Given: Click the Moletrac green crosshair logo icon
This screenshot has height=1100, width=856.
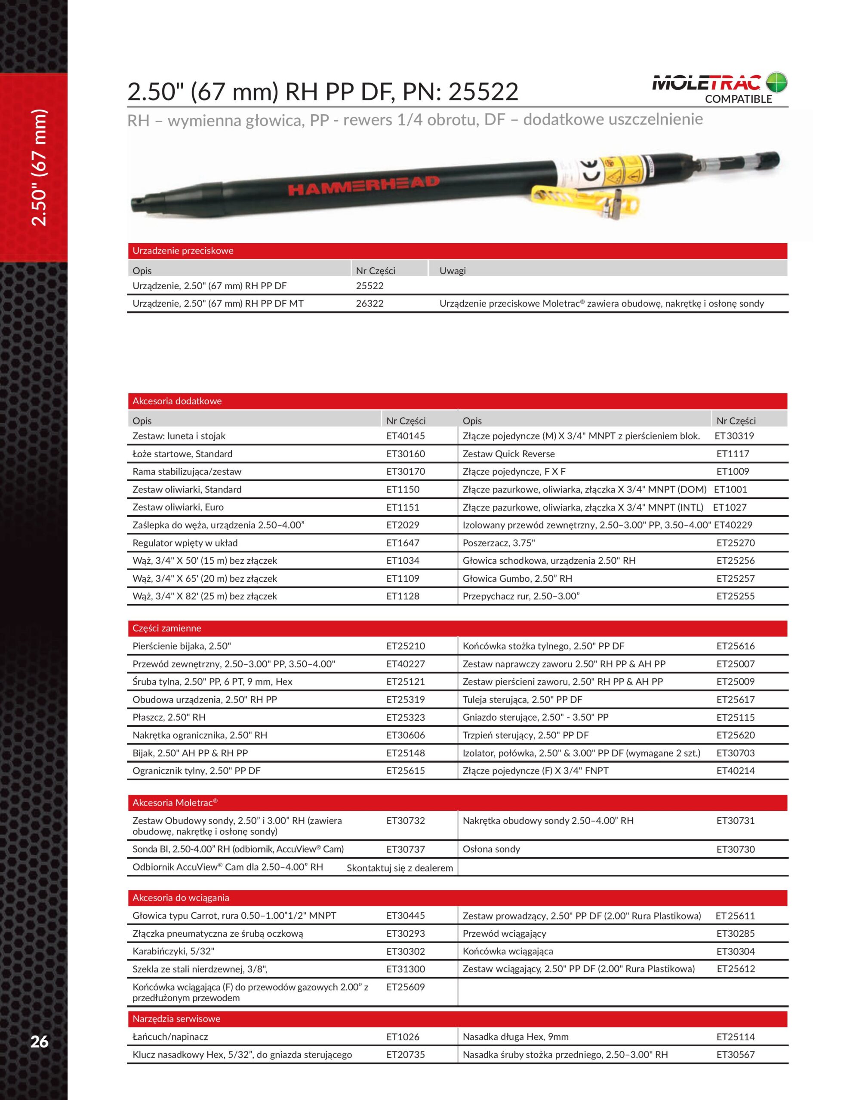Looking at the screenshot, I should (x=776, y=82).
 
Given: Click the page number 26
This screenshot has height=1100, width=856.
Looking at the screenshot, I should (x=39, y=1041).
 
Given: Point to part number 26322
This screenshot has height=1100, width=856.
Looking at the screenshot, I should (x=369, y=304).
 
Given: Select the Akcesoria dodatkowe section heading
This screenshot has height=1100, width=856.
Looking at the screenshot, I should (x=177, y=401).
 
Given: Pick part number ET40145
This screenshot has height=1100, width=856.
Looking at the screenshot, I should (x=405, y=436).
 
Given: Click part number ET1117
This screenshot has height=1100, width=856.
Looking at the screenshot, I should (x=733, y=454).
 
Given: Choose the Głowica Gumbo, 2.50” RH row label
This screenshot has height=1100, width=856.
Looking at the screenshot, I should (x=517, y=579).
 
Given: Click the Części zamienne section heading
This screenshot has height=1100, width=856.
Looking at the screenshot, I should (x=166, y=628).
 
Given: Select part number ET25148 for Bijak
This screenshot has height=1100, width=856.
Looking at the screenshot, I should (x=405, y=753).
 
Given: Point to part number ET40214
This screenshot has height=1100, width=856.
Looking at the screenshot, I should (x=736, y=770).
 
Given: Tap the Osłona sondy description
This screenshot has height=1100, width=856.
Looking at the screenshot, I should (x=491, y=849).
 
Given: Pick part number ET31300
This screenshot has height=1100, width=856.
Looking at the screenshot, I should (x=405, y=969).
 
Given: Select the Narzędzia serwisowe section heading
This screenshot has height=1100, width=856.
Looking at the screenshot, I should (x=176, y=1019).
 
